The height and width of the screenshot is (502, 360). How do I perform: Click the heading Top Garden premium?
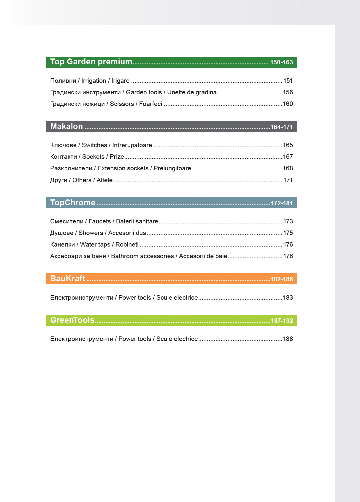pos(91,62)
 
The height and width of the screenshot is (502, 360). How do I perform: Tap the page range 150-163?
pos(281,62)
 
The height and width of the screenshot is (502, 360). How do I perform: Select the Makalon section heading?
pos(66,126)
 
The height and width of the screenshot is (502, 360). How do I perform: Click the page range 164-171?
pos(281,127)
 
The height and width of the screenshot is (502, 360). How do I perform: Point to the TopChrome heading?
pos(73,203)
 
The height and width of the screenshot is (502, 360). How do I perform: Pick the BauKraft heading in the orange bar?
pos(68,279)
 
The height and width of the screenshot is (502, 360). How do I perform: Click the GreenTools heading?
pos(72,320)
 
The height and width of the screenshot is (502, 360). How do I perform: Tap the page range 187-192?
pos(282,321)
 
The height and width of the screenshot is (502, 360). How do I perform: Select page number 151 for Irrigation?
pos(288,81)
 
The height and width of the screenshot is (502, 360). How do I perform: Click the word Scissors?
pos(122,104)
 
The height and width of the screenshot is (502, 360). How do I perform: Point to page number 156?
pos(288,92)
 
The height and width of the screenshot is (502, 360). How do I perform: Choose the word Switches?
pos(94,145)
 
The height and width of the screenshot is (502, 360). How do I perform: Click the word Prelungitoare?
pos(172,168)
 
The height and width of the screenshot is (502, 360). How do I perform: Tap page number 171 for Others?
pos(288,180)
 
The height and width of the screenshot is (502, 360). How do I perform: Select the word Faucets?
pos(99,221)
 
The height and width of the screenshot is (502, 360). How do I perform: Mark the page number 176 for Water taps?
pos(288,244)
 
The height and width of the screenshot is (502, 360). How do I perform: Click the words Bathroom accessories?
pos(142,256)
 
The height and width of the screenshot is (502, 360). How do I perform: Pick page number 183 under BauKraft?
pos(288,298)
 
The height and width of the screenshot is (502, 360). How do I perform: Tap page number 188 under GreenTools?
pos(288,339)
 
